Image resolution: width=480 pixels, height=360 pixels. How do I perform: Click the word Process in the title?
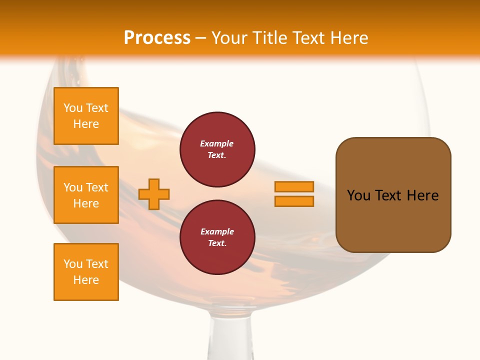click(x=157, y=38)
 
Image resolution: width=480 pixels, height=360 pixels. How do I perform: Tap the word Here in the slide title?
click(x=349, y=38)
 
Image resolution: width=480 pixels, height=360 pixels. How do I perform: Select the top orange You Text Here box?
click(x=86, y=116)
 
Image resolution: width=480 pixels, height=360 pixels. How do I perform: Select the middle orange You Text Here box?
click(x=86, y=195)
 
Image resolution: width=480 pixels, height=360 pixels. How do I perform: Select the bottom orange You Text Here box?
click(x=86, y=272)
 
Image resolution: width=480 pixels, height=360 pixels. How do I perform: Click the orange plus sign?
click(x=154, y=194)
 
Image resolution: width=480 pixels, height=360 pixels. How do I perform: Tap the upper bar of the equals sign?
click(x=294, y=186)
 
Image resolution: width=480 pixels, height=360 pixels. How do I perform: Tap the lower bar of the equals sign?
click(x=294, y=201)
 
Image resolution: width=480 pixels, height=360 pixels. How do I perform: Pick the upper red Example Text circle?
click(x=217, y=149)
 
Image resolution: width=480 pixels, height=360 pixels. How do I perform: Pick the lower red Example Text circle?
click(x=217, y=237)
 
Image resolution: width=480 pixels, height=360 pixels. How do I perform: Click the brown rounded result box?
click(x=393, y=195)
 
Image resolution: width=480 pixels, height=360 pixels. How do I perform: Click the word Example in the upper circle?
click(x=217, y=143)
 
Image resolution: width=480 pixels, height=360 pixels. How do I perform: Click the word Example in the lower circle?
click(x=217, y=231)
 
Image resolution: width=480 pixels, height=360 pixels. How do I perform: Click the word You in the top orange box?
click(x=73, y=108)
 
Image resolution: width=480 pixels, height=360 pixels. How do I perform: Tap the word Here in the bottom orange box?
click(x=86, y=280)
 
